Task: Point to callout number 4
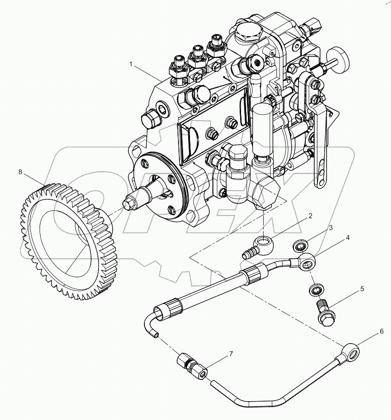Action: click(347, 238)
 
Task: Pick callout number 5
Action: click(362, 289)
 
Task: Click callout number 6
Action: click(381, 331)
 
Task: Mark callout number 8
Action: click(20, 172)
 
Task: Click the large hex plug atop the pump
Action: click(248, 32)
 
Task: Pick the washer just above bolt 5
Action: click(316, 290)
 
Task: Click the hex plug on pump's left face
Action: click(150, 119)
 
